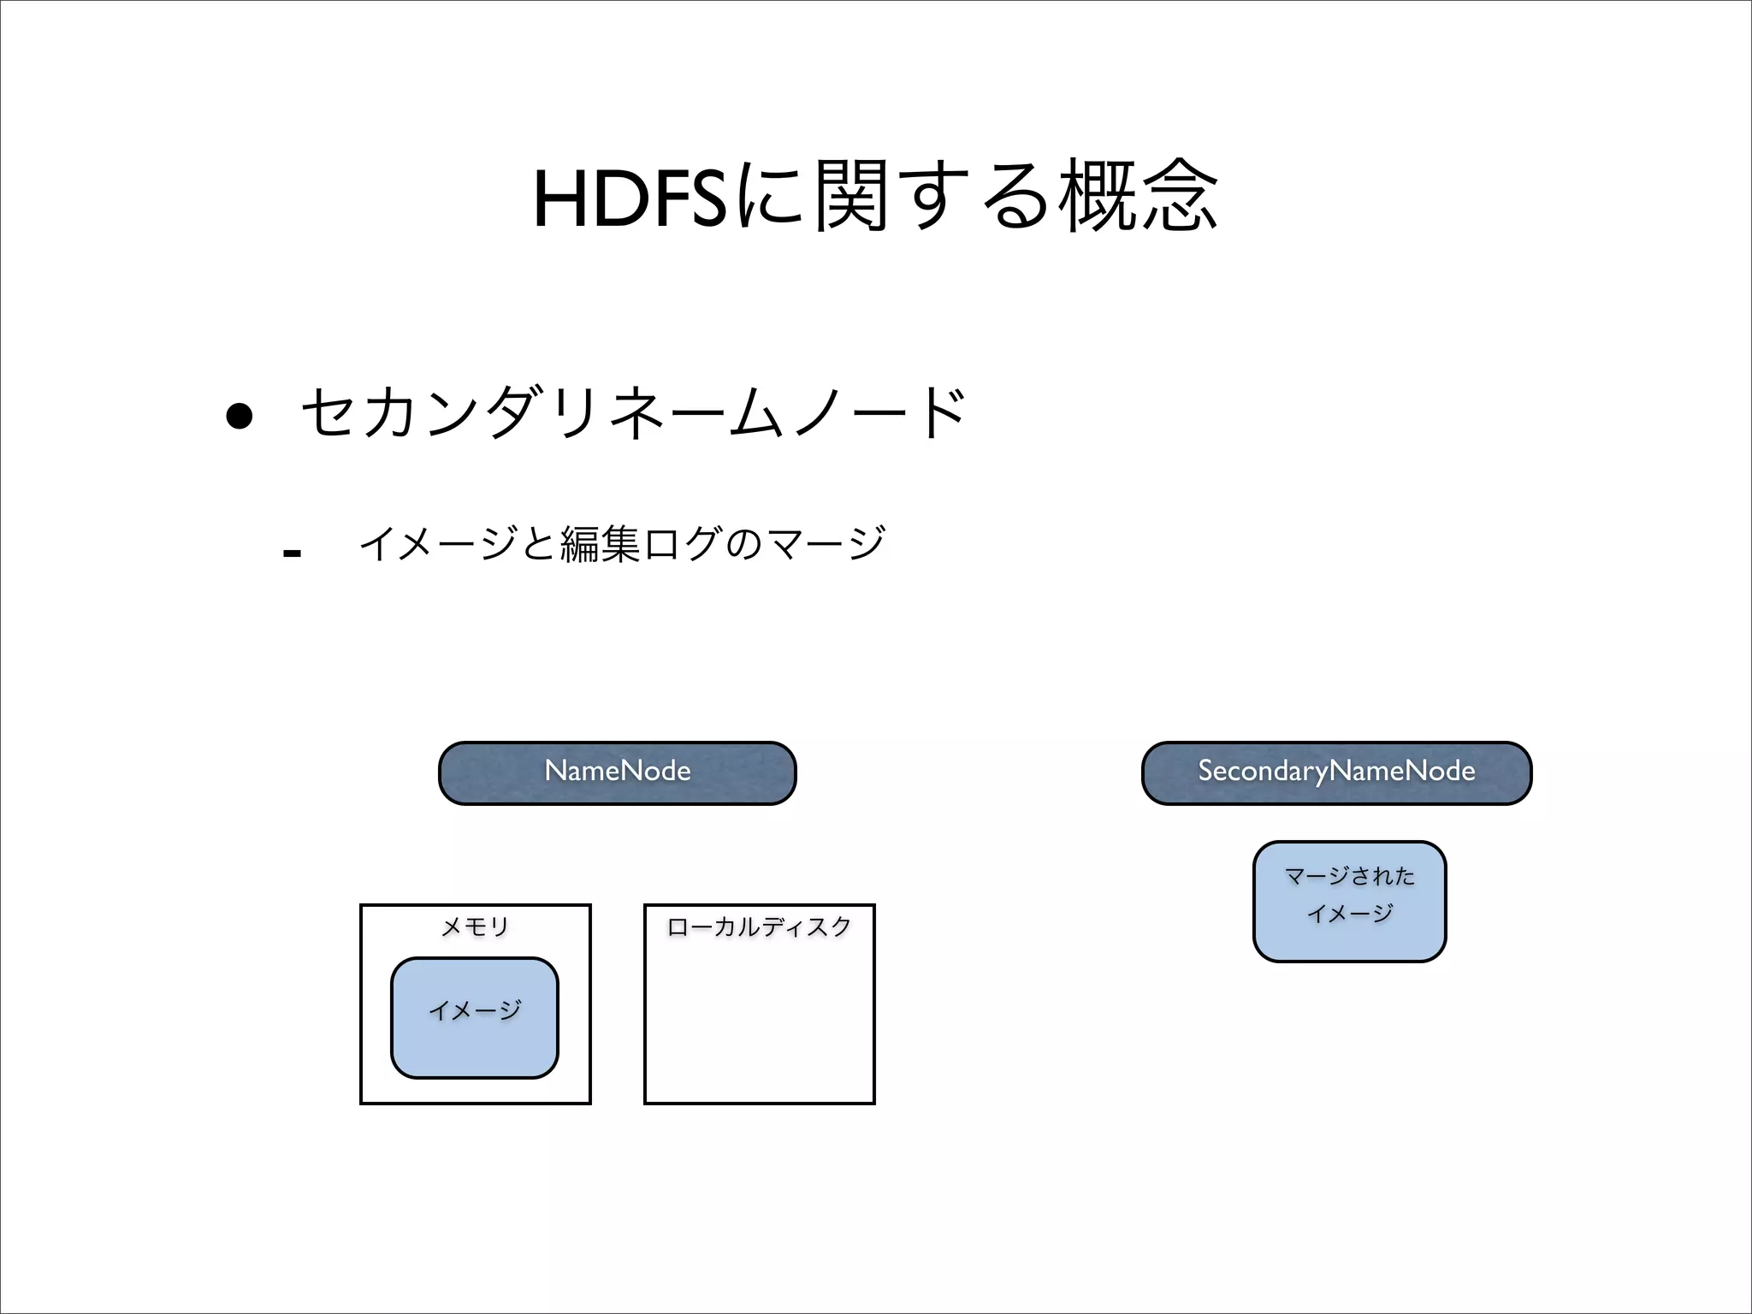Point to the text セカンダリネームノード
[x=634, y=413]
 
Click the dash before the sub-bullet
[x=292, y=553]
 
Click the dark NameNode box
[x=617, y=772]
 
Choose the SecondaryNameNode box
[x=1336, y=772]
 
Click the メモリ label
[x=475, y=926]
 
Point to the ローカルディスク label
[x=759, y=926]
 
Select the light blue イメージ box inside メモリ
[x=475, y=1018]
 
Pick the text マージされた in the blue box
[x=1349, y=876]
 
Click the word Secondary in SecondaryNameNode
[x=1263, y=772]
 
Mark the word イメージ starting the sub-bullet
[x=437, y=544]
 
